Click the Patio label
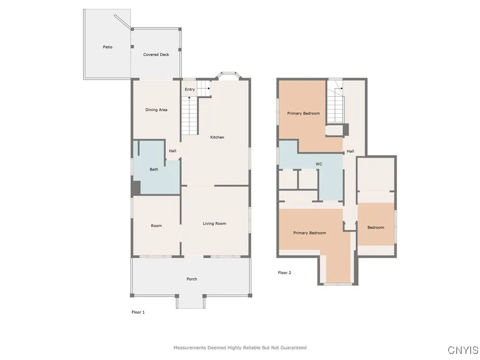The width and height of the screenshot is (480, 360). [107, 47]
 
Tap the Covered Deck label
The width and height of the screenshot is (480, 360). [156, 54]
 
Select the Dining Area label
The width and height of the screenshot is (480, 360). [156, 110]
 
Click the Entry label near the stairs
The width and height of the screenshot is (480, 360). [189, 89]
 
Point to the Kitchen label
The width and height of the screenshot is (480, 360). [217, 137]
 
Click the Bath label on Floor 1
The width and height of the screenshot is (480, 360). [154, 169]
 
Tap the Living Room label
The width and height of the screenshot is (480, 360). [214, 224]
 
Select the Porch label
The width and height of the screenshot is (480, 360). [192, 279]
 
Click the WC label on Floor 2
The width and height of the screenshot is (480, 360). [319, 164]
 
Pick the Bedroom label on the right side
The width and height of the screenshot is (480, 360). [375, 227]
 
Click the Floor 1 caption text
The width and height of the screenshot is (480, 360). [138, 312]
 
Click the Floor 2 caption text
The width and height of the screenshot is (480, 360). [285, 272]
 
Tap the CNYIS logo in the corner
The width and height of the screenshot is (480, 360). [463, 350]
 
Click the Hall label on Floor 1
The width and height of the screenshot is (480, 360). [172, 151]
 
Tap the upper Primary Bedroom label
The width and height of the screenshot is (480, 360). [303, 113]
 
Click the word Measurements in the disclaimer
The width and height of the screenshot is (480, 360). [189, 348]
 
